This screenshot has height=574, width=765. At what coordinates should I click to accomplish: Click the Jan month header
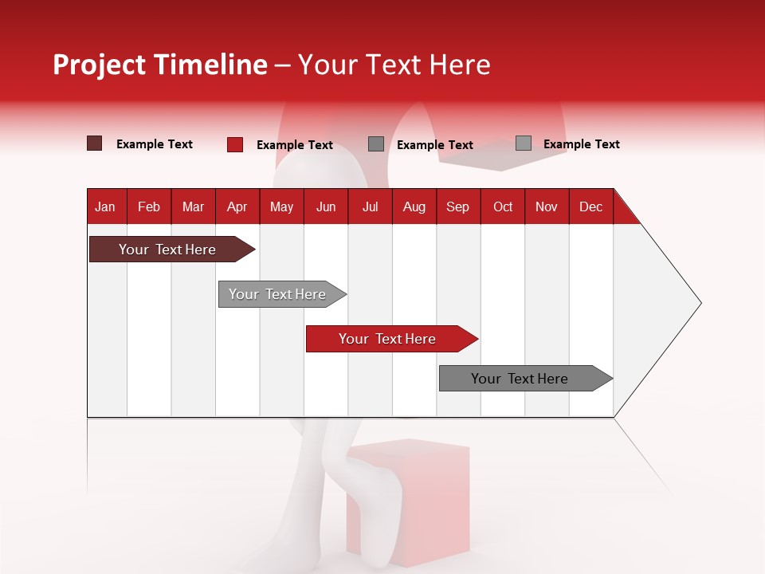coord(106,207)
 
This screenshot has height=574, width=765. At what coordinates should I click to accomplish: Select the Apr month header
coord(237,207)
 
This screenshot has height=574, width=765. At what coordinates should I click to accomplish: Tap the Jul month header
coord(370,207)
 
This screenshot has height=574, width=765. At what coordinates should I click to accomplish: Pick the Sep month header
coord(457,207)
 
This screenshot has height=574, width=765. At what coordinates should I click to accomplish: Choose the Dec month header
coord(590,207)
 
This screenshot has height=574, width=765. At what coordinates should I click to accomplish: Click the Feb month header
coord(149,207)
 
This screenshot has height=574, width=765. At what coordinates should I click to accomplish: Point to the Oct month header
coord(503,207)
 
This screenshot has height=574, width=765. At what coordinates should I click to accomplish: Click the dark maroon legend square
coord(94,143)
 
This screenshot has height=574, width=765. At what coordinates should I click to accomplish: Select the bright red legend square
coord(234,144)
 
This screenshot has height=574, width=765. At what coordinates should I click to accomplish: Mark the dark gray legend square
coord(376,144)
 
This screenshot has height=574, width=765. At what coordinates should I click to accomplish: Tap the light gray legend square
coord(523,143)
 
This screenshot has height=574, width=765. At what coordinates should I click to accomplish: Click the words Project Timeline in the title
coord(160,65)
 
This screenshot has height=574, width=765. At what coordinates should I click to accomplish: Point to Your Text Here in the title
coord(394,65)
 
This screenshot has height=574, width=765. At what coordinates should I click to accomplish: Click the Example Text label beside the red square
coord(294,145)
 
